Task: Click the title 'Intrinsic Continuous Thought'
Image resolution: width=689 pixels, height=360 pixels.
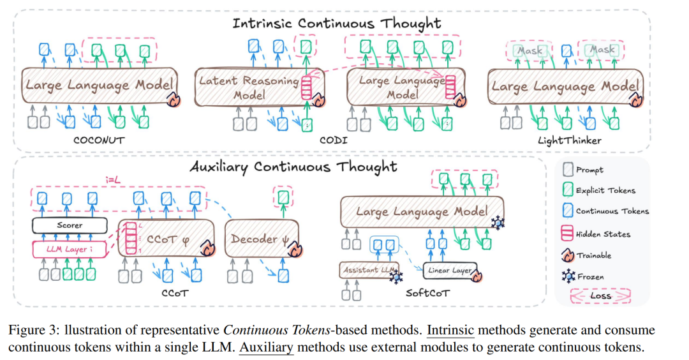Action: pyautogui.click(x=337, y=23)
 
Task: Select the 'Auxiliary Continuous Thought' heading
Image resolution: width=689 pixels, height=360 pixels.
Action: pyautogui.click(x=293, y=167)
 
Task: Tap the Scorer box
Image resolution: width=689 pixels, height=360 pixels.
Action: pyautogui.click(x=70, y=225)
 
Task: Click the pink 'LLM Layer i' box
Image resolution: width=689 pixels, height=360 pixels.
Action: pyautogui.click(x=70, y=249)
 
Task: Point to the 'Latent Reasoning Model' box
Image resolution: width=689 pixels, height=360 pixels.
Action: pyautogui.click(x=260, y=87)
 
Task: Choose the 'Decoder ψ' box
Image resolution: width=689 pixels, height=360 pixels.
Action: pyautogui.click(x=262, y=239)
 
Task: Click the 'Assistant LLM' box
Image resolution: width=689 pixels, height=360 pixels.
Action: pyautogui.click(x=369, y=270)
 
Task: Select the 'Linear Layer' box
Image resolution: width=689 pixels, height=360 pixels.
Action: pyautogui.click(x=450, y=271)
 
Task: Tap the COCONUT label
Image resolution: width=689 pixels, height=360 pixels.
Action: pyautogui.click(x=99, y=140)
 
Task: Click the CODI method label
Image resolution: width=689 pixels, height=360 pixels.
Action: pyautogui.click(x=334, y=140)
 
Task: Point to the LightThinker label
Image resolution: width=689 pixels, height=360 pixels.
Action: pyautogui.click(x=570, y=140)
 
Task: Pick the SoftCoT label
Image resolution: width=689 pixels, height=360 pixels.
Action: pyautogui.click(x=427, y=293)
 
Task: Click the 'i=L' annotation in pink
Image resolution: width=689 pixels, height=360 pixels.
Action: pyautogui.click(x=113, y=180)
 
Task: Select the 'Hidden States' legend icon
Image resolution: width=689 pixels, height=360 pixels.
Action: pyautogui.click(x=567, y=234)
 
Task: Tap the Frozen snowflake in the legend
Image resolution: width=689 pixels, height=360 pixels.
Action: pyautogui.click(x=568, y=276)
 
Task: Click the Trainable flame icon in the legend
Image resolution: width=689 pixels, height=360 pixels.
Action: pyautogui.click(x=568, y=255)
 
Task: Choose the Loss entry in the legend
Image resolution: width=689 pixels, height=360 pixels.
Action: pyautogui.click(x=600, y=296)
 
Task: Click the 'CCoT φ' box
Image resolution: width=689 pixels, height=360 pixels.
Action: pyautogui.click(x=166, y=239)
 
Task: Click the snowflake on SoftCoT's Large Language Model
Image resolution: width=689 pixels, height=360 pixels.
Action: pyautogui.click(x=498, y=222)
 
